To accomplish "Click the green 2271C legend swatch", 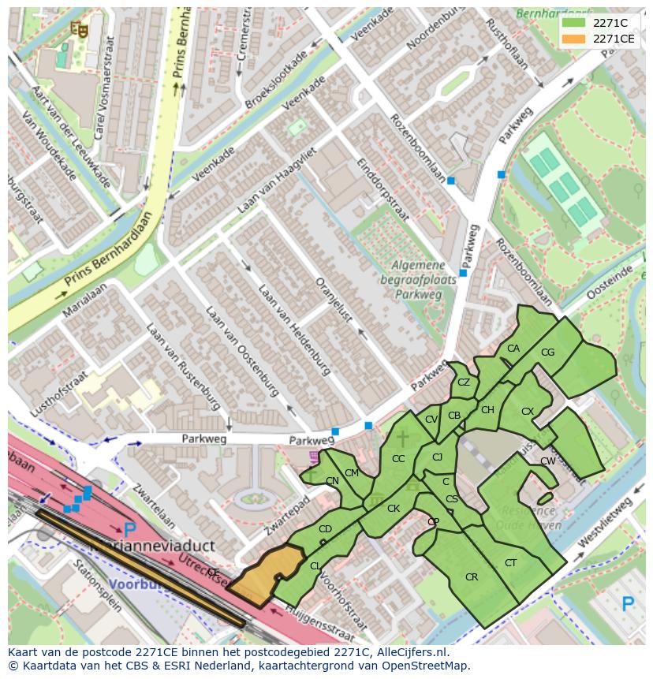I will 573,23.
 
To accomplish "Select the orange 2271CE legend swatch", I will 573,39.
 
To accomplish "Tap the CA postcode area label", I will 513,349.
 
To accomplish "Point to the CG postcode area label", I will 548,353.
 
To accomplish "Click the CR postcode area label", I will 472,577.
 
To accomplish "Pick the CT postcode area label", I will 510,562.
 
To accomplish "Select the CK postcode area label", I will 394,509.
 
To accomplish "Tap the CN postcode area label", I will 332,481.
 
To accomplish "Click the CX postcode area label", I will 528,412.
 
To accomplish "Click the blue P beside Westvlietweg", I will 628,605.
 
